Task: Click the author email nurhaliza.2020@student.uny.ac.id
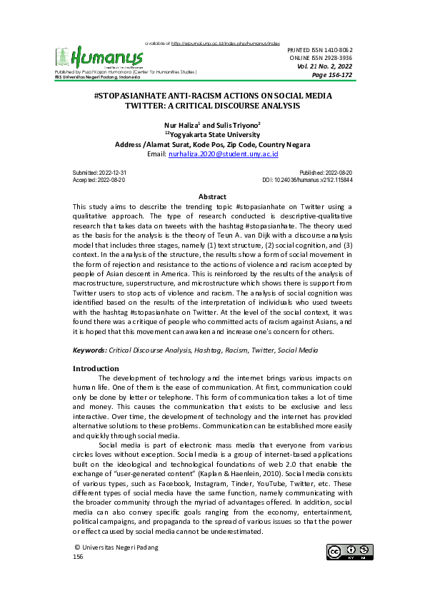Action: [x=223, y=153]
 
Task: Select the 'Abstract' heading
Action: [x=212, y=196]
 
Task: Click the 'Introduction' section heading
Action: [x=101, y=368]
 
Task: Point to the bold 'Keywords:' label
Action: [x=89, y=351]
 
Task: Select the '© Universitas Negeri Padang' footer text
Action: [x=116, y=547]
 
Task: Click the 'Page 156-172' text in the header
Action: [x=332, y=75]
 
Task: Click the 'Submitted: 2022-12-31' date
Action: [x=101, y=173]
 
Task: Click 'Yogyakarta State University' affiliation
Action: [x=214, y=135]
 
